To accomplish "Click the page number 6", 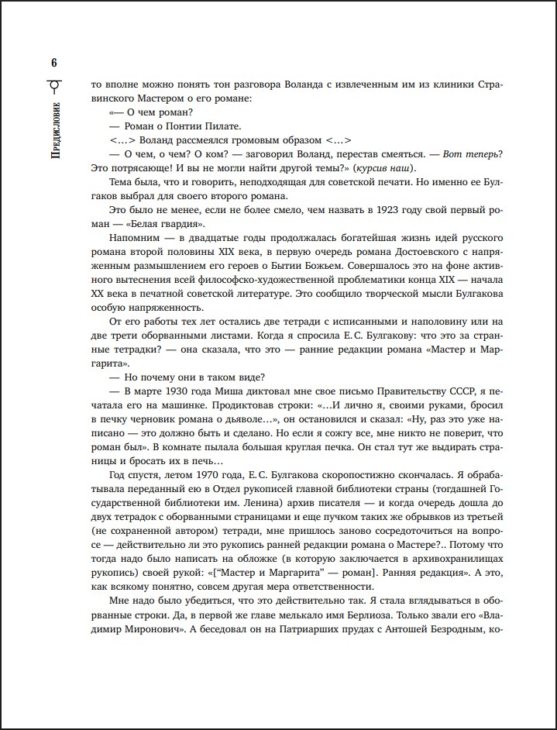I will tap(53, 63).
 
